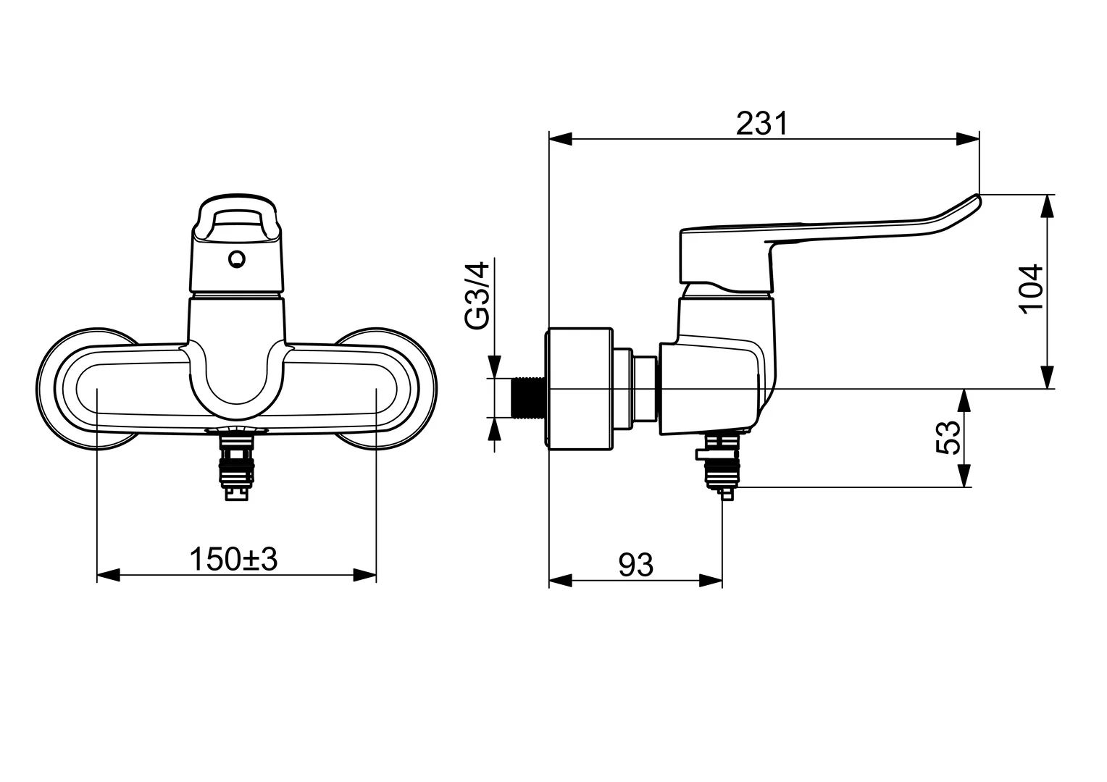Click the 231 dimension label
point(761,124)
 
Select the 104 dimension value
point(1031,288)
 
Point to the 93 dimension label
point(636,565)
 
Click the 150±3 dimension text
point(233,559)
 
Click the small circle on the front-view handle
point(236,258)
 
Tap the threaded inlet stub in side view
point(530,398)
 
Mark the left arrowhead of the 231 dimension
point(561,139)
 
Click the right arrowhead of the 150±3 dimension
point(365,575)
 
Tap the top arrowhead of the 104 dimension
point(1046,206)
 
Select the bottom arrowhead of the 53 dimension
point(964,476)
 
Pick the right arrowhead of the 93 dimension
point(711,580)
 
